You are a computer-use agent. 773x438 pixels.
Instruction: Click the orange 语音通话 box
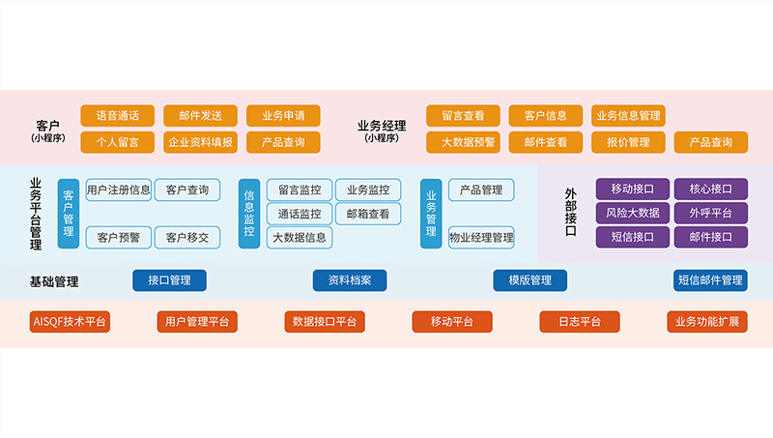point(117,116)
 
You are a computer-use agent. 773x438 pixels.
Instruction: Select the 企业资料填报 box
point(200,142)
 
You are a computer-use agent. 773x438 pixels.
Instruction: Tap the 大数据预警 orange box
point(463,142)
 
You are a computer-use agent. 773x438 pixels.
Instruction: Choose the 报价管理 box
point(628,142)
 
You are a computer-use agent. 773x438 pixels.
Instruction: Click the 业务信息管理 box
point(628,116)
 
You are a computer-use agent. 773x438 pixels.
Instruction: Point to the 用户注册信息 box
point(119,190)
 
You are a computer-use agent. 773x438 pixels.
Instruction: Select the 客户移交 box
point(186,237)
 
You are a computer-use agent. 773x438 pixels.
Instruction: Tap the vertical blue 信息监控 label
point(249,213)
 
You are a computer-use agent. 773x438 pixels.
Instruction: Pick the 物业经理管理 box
point(481,237)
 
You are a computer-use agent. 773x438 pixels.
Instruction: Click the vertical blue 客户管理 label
point(68,213)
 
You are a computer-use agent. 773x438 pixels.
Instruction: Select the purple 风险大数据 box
point(633,213)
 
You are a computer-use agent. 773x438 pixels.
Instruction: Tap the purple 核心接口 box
point(710,190)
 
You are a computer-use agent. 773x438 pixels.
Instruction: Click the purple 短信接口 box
point(633,237)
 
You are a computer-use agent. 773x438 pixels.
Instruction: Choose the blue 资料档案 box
point(349,280)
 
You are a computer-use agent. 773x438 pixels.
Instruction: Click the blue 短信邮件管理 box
point(710,280)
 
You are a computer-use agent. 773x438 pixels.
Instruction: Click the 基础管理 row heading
point(53,281)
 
